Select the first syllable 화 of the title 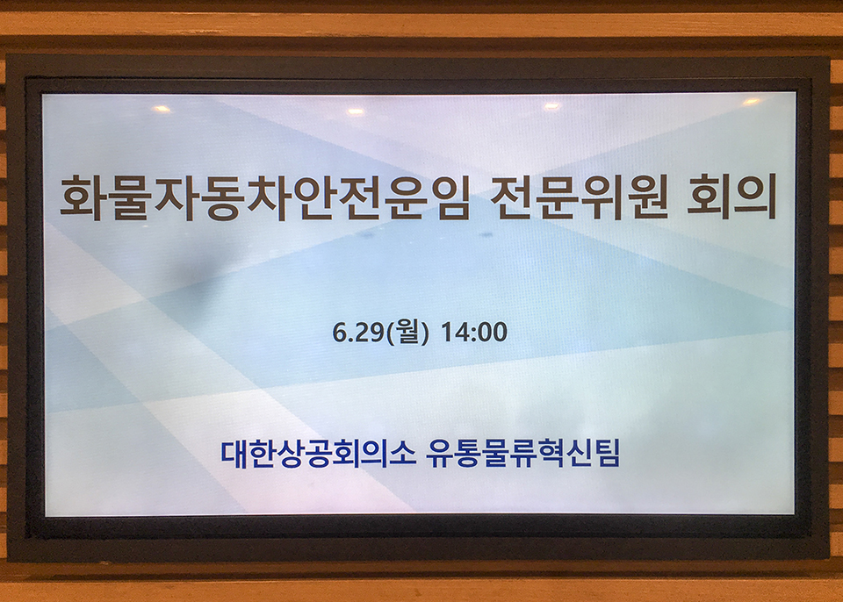[82, 197]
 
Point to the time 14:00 [473, 333]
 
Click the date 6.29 [357, 333]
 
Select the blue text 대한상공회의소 [318, 454]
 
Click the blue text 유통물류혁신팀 [523, 454]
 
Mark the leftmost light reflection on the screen [162, 109]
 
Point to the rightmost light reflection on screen [751, 102]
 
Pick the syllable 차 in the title [268, 197]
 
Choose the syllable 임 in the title [448, 197]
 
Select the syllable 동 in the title [221, 197]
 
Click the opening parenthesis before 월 [390, 333]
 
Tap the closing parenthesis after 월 [426, 333]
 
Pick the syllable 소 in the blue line [403, 454]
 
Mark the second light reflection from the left [356, 111]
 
